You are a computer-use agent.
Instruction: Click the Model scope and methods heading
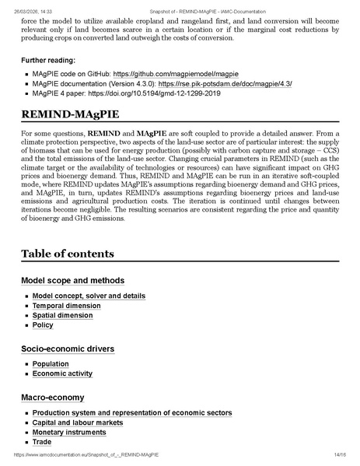[72, 280]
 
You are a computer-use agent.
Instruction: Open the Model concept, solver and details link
[89, 296]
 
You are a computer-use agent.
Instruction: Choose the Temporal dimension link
[66, 306]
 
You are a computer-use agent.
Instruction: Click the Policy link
[43, 326]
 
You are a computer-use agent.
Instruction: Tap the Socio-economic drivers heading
[68, 349]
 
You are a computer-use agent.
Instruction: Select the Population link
[51, 364]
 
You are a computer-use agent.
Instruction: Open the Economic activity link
[62, 374]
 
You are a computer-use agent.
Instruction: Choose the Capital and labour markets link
[78, 422]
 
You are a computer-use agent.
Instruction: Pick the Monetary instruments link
[69, 433]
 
